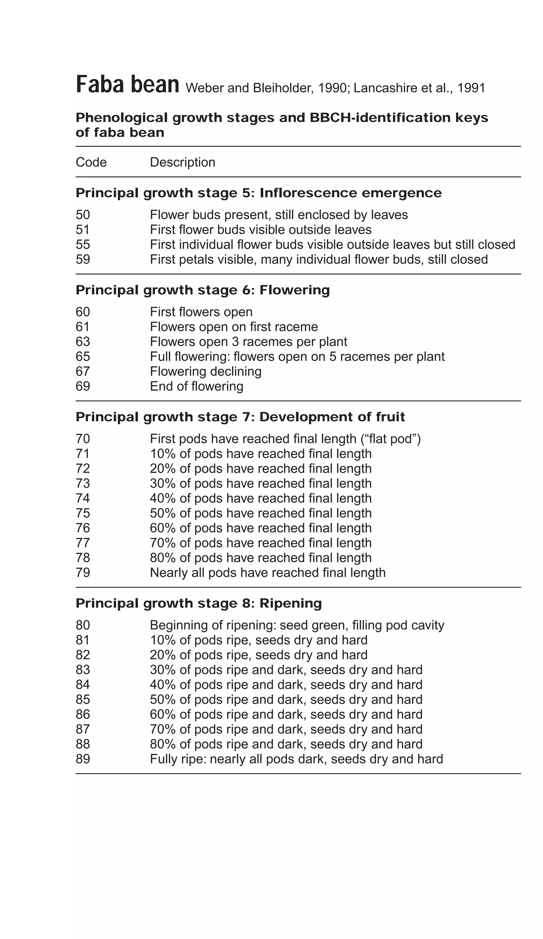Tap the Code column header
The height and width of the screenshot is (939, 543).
tap(91, 162)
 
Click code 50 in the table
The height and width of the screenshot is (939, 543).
tap(83, 215)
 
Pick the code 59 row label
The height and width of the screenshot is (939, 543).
tap(83, 259)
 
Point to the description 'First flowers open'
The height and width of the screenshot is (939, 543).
tap(201, 312)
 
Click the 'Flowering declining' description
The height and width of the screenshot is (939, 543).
tap(205, 372)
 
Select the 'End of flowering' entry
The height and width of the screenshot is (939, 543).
tap(196, 386)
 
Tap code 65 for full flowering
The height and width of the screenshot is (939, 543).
tap(83, 356)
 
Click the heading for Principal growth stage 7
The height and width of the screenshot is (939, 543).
tap(240, 417)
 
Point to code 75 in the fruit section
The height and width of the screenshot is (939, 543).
tap(83, 513)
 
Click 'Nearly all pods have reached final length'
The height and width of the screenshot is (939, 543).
tap(268, 573)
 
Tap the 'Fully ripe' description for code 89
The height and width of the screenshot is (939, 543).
tap(296, 759)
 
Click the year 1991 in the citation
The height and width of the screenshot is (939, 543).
tap(471, 88)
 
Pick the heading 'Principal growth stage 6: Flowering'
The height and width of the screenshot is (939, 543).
tap(202, 290)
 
